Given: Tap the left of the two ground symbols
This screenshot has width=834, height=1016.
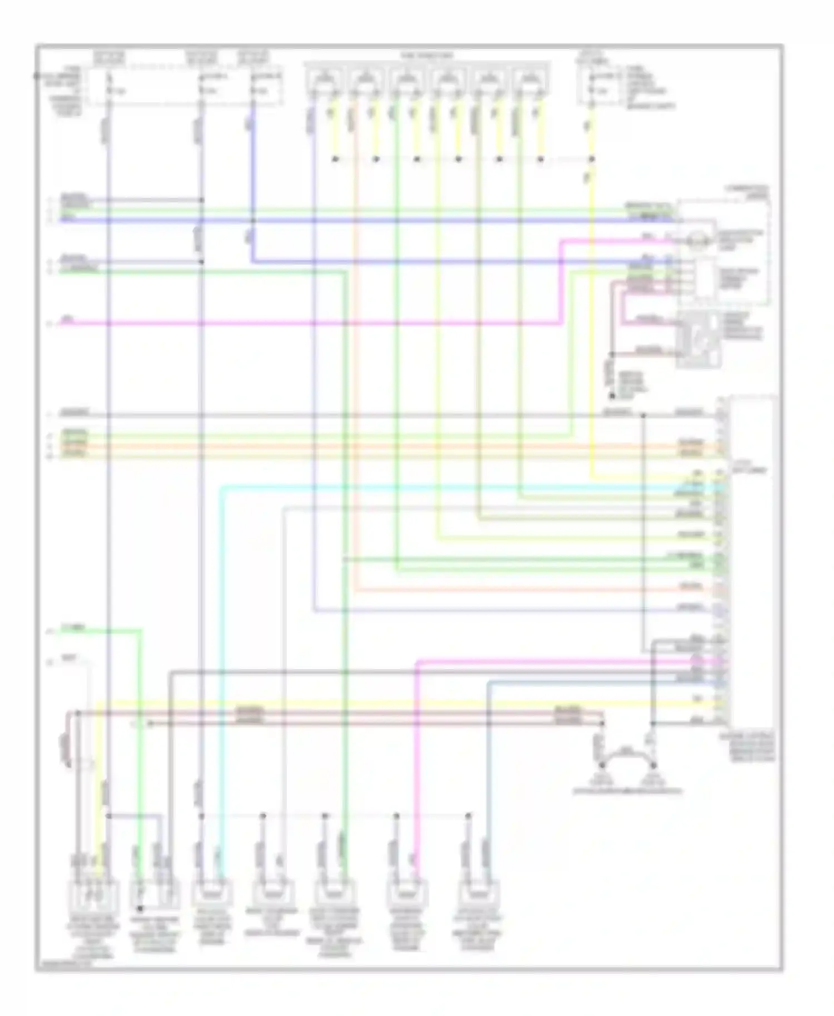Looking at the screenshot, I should (x=599, y=778).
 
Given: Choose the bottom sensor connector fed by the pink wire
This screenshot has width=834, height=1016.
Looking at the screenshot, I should (x=408, y=893).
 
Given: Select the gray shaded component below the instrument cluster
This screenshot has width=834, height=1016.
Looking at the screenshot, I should (x=699, y=340).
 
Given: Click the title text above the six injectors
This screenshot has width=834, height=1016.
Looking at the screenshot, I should (x=427, y=56).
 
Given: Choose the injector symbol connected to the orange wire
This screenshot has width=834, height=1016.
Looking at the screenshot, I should (x=365, y=80).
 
